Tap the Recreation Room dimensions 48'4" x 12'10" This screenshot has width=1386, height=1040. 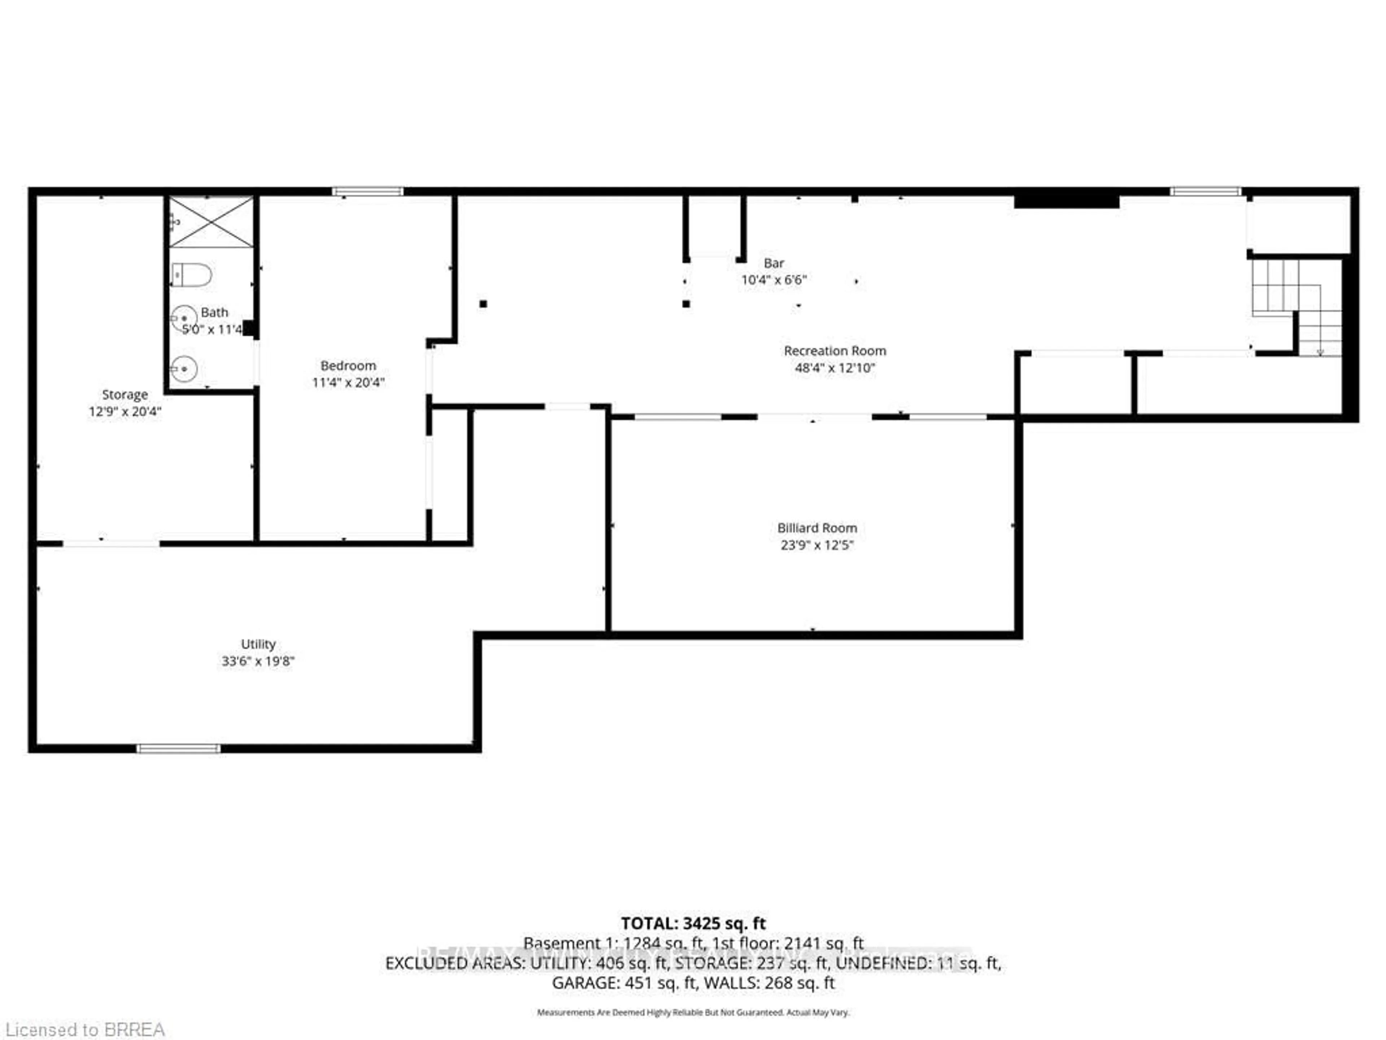point(834,368)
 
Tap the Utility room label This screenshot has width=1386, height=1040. point(258,644)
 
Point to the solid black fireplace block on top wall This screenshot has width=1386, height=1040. point(1067,201)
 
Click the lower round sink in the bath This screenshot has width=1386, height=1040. point(184,369)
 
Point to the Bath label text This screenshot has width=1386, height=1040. point(214,312)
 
